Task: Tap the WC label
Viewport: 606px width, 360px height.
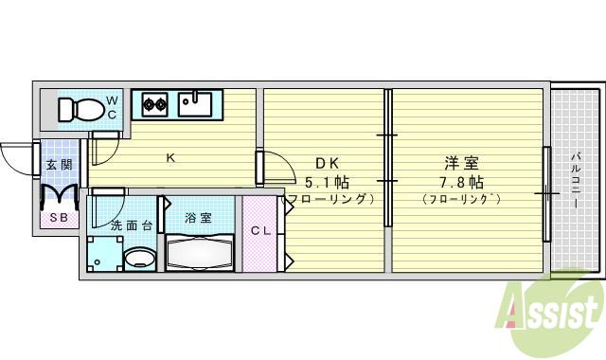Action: coord(111,107)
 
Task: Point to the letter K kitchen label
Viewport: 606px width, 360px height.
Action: coord(171,157)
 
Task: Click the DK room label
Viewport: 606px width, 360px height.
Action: coord(316,163)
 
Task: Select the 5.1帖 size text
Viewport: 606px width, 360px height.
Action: coord(326,181)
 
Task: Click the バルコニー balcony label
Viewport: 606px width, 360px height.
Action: coord(577,181)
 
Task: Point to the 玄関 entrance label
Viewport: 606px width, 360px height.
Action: coord(58,166)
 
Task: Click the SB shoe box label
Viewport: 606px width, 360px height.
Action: coord(58,218)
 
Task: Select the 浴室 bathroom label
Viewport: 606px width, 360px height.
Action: coord(198,218)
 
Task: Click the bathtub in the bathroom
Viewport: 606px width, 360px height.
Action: coord(198,254)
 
